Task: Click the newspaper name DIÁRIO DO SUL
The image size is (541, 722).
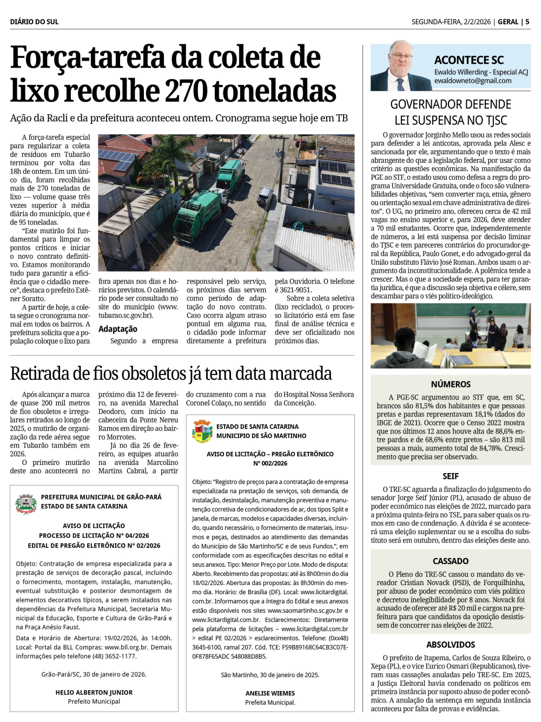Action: [x=34, y=22]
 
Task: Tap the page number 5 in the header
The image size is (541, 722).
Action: [x=527, y=22]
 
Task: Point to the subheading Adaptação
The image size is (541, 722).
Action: [x=118, y=329]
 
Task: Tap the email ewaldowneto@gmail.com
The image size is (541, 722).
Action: [x=472, y=81]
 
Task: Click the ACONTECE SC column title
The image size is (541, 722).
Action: [x=469, y=60]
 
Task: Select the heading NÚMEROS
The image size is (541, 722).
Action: [x=451, y=384]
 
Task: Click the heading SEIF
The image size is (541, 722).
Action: [x=451, y=476]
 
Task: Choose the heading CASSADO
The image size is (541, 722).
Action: [x=451, y=561]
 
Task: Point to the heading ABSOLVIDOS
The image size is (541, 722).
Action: [x=451, y=645]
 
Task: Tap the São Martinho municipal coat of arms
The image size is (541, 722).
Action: [x=202, y=431]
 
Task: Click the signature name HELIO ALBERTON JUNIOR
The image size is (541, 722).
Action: [x=94, y=692]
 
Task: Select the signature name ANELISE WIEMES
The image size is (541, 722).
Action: [x=270, y=693]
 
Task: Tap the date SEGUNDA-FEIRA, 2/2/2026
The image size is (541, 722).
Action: [x=451, y=22]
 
